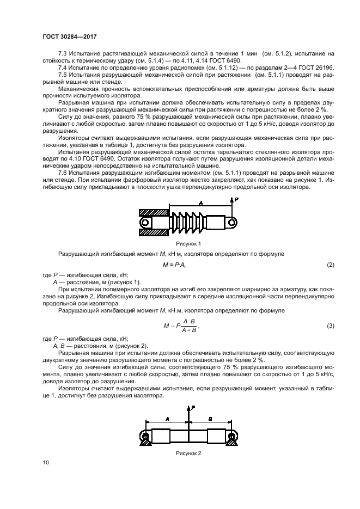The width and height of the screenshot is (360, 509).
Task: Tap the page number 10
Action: (x=46, y=462)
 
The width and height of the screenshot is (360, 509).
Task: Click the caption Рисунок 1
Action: (x=188, y=244)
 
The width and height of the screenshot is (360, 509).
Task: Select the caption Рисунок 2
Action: (x=188, y=453)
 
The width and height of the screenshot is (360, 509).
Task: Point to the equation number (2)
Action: (x=330, y=265)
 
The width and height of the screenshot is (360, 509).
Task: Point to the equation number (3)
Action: (x=330, y=326)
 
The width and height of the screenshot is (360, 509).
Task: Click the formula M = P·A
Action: (x=175, y=265)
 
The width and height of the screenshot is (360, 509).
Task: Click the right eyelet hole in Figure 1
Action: (x=232, y=222)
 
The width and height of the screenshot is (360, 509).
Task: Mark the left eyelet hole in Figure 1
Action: (x=145, y=223)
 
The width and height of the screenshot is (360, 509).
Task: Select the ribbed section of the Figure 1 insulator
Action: (x=188, y=222)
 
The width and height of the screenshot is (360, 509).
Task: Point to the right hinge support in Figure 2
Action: (x=233, y=438)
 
